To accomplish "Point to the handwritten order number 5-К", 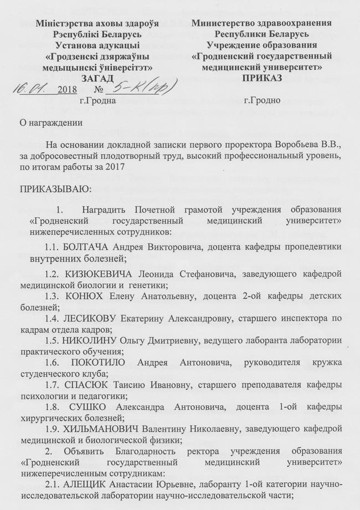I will point(125,87).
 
